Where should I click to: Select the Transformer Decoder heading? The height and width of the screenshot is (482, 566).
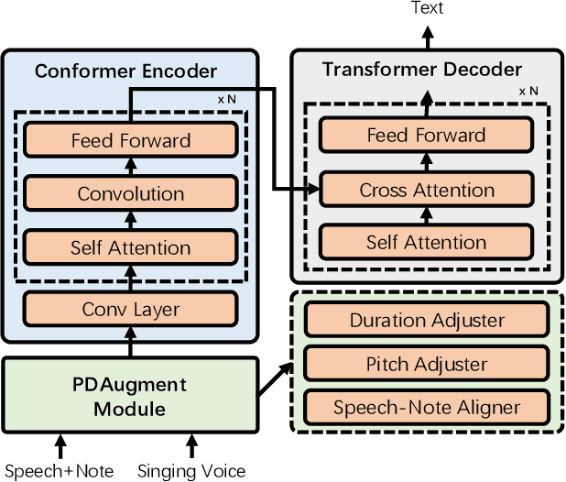[422, 70]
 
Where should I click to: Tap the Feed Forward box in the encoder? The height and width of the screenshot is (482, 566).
[131, 140]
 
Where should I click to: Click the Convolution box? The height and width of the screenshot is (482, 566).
[131, 193]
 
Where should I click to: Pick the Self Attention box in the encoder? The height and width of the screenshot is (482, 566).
[131, 247]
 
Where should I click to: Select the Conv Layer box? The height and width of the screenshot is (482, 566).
[131, 309]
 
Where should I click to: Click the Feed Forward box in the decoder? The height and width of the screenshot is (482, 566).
[426, 136]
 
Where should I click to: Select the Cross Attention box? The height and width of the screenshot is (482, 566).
[426, 191]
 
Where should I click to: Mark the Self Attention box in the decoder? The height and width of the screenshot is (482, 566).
[426, 243]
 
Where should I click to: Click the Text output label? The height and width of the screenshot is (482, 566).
[427, 8]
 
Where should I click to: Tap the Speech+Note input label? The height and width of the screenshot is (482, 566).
[60, 471]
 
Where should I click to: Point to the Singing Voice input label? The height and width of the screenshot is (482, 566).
[191, 471]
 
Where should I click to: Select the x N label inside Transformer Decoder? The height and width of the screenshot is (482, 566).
[528, 92]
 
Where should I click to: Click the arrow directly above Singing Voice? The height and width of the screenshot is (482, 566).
[191, 446]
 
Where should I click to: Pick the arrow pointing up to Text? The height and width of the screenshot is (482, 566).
[427, 35]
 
